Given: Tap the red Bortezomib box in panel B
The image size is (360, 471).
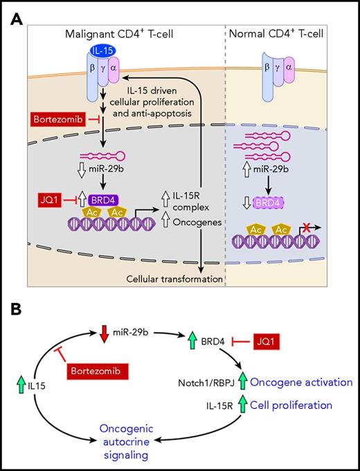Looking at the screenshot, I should [98, 373].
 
